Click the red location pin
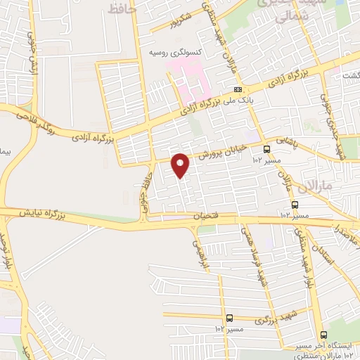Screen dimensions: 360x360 point(181,165)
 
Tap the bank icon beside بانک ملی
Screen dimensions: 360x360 point(238,89)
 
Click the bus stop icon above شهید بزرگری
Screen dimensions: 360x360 point(230,318)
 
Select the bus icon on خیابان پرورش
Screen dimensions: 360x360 point(266,149)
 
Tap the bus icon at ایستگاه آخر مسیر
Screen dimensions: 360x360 point(323,335)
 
